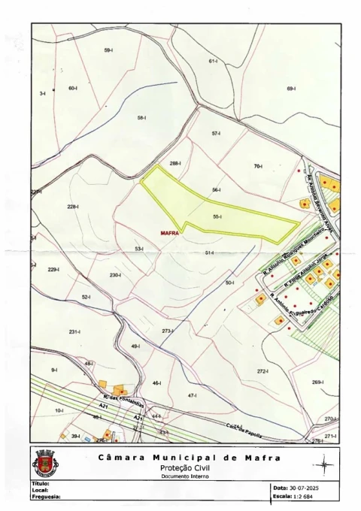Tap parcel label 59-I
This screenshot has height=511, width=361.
108,50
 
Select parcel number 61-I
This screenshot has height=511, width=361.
213,61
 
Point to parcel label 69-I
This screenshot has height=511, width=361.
291,89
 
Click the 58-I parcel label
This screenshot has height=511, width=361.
141,118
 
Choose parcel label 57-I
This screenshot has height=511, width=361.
216,133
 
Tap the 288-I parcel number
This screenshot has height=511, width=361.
176,163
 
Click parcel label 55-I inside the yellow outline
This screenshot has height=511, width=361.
217,217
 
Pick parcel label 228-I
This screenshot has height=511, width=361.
73,207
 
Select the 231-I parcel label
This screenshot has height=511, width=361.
74,331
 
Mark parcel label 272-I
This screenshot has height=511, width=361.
262,371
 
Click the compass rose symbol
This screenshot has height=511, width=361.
324,465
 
